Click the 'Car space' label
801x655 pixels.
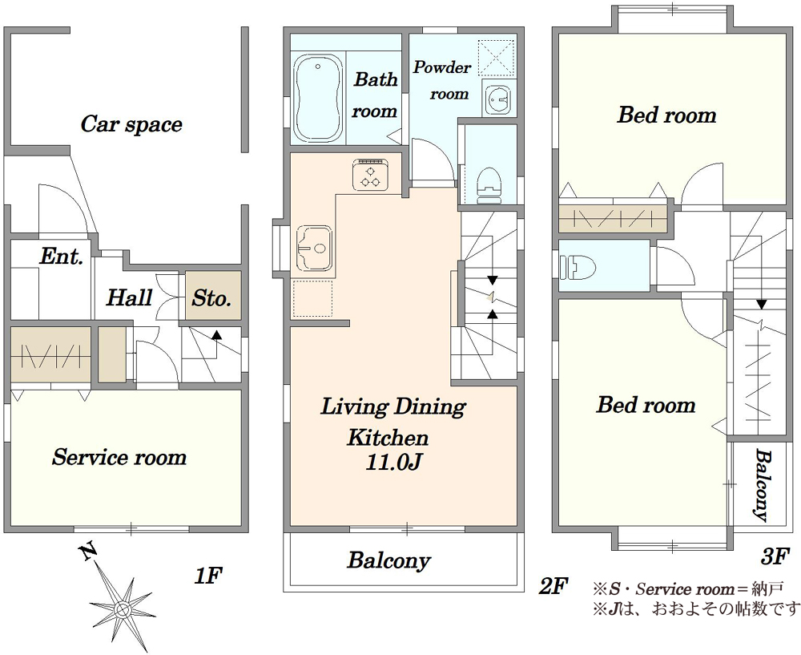pos(131,124)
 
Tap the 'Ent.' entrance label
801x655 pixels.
pos(62,257)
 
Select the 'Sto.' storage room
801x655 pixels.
pos(212,297)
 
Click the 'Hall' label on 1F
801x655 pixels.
pos(129,297)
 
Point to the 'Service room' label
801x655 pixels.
pos(119,457)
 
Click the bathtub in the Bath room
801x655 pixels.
pos(318,98)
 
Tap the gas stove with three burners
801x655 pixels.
pos(370,175)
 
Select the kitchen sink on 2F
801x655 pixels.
pos(315,248)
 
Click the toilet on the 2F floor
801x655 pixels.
pos(487,185)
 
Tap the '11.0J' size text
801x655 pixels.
pos(392,463)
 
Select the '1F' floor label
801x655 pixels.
pos(208,576)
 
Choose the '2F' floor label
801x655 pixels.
pos(553,587)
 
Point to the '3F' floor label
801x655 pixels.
pos(775,556)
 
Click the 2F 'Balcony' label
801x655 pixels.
pos(388,560)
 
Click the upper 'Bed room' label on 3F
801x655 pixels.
pos(666,115)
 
